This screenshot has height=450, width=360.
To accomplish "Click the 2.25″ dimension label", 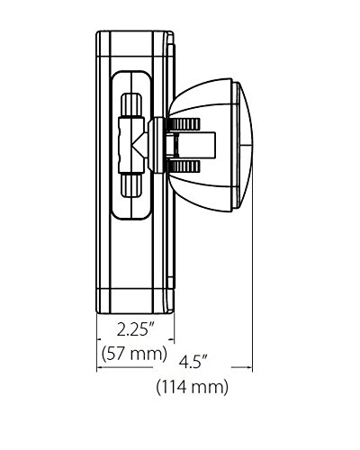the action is point(137,330).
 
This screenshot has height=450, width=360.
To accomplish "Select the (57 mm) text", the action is point(134,354).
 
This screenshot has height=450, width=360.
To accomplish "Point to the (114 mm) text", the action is point(193,387).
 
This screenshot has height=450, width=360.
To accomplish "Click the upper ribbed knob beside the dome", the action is point(184,124).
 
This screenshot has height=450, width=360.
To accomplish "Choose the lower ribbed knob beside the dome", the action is point(184,166).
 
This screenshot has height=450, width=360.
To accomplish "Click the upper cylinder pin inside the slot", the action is point(131,104).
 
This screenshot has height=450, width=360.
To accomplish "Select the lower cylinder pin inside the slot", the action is point(131,185).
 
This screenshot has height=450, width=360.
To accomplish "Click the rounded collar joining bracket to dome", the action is point(157,146).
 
